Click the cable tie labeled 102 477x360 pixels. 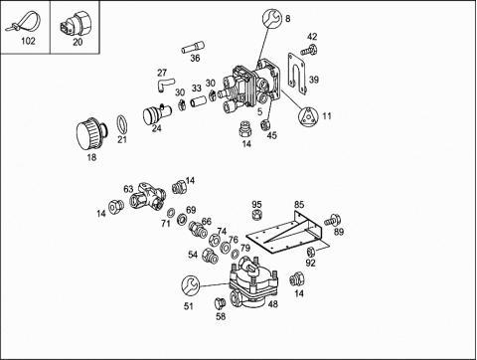[x=23, y=23]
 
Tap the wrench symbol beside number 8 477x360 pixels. [x=272, y=18]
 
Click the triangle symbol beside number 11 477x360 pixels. [x=308, y=116]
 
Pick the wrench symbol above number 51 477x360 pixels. [x=191, y=285]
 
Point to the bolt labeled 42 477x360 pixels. [x=308, y=50]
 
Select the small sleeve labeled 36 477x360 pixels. [x=193, y=47]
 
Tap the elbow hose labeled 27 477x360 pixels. [x=165, y=84]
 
